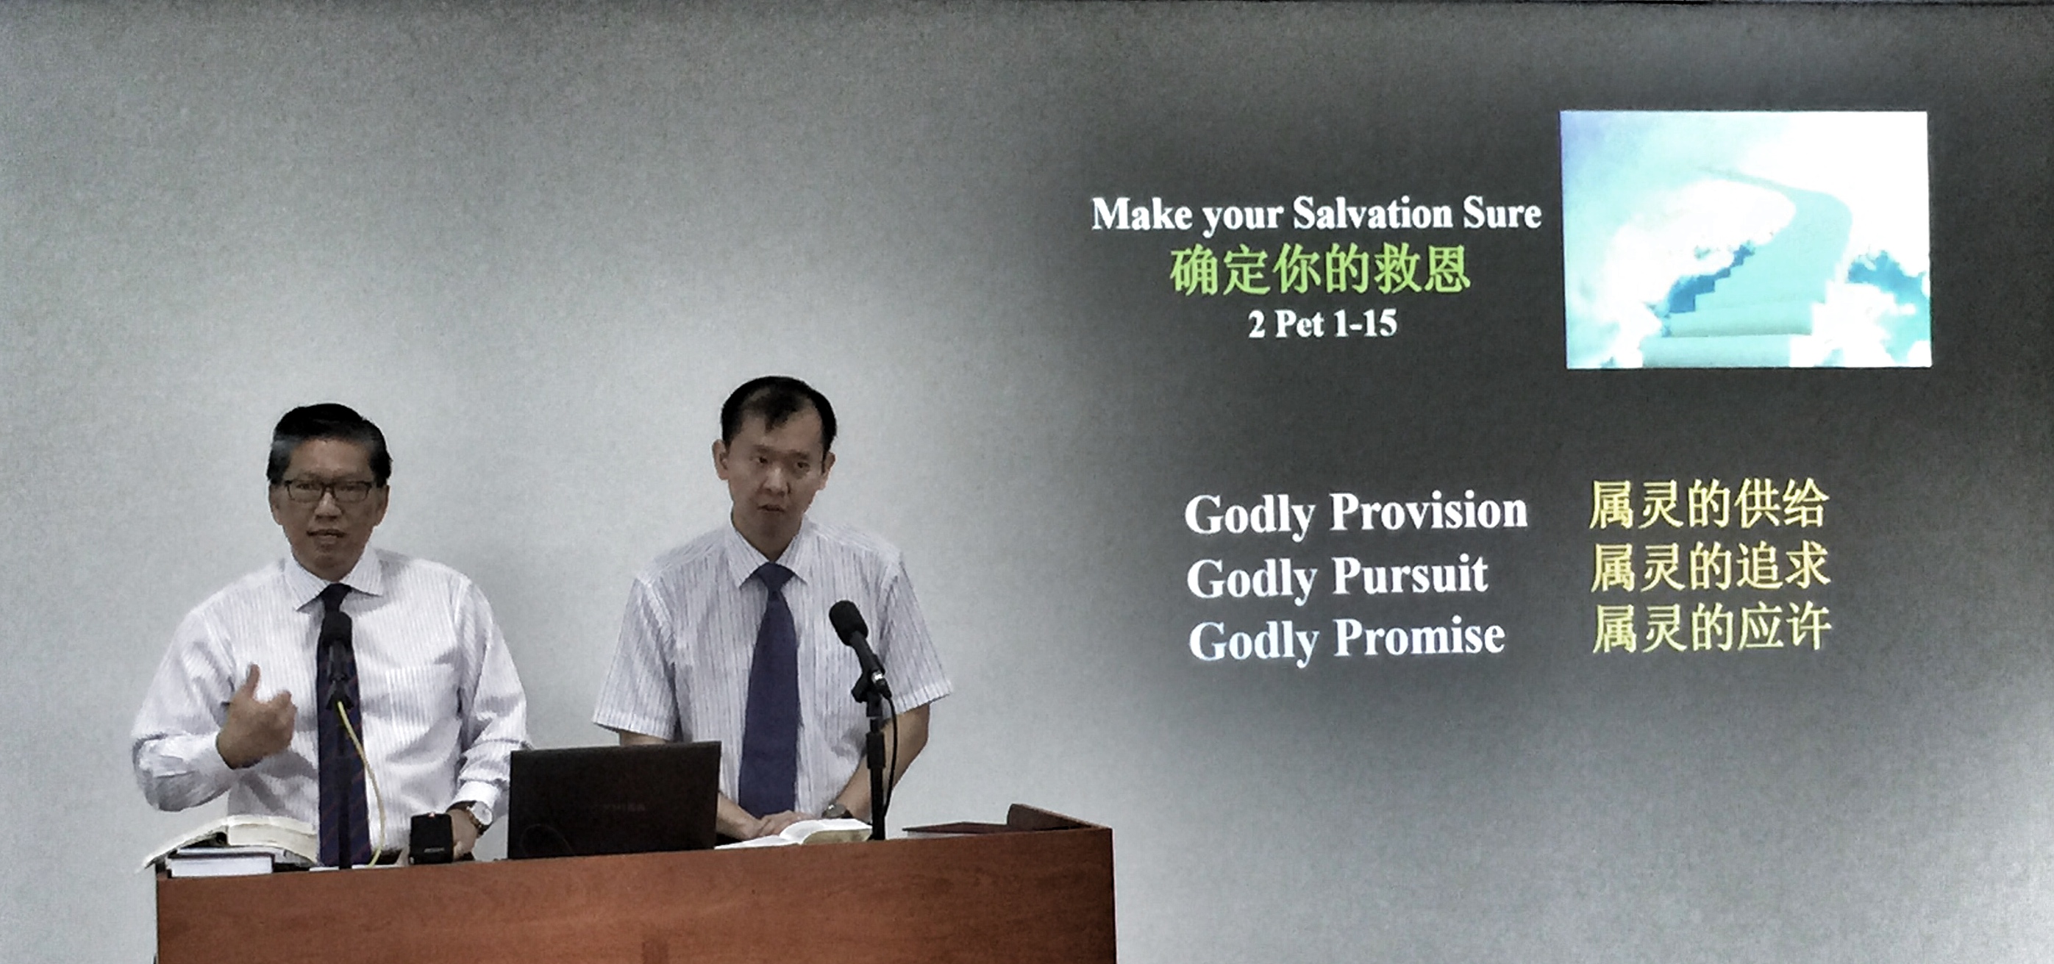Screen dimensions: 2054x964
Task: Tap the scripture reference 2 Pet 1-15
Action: [1323, 324]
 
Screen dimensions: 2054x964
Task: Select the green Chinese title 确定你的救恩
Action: [1319, 271]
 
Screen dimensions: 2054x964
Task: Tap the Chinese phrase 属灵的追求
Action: [1711, 567]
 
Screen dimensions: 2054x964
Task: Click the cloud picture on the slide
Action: [1745, 239]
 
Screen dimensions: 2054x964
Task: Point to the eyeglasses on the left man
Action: [329, 490]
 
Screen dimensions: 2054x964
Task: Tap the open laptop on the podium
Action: [614, 800]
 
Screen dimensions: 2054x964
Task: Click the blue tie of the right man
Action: [769, 690]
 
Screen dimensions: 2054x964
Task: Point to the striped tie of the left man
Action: [341, 726]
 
